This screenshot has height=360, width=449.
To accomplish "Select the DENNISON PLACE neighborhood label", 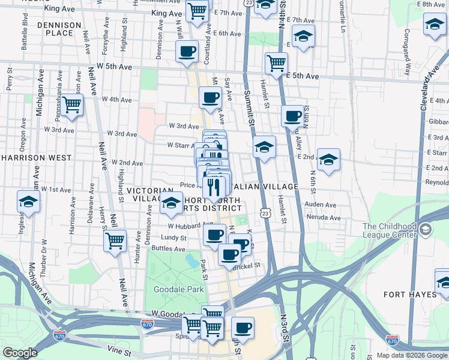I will pos(59,29).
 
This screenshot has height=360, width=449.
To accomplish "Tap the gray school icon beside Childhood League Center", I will pos(426,230).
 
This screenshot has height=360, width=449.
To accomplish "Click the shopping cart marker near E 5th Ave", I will pos(276,62).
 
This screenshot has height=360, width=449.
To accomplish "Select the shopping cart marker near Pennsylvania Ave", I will pos(72,104).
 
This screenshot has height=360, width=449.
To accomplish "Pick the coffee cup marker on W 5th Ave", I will pos(187,51).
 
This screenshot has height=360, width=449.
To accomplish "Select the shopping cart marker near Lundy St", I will pos(115,241).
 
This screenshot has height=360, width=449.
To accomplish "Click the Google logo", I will pos(20,353).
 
